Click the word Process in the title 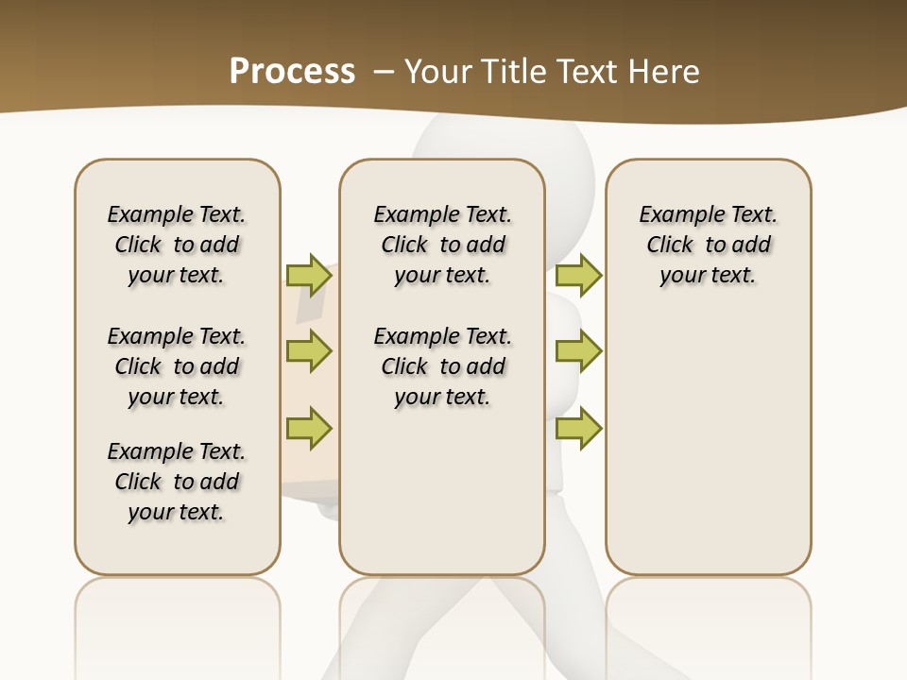[x=292, y=71]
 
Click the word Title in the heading [x=517, y=72]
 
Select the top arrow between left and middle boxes [x=309, y=275]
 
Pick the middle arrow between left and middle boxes [x=309, y=351]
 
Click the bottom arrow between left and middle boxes [x=309, y=428]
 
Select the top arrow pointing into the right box [x=578, y=275]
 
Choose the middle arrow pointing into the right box [x=578, y=351]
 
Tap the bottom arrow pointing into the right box [x=578, y=428]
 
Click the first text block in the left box [x=177, y=245]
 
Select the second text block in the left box [x=177, y=366]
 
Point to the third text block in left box [x=177, y=482]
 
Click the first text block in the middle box [x=443, y=245]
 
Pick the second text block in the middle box [x=443, y=366]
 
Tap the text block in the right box [x=709, y=245]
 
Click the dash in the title [x=384, y=72]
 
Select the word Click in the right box [x=670, y=246]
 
